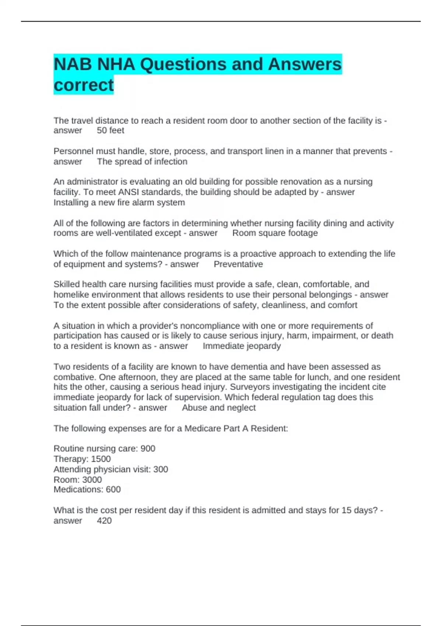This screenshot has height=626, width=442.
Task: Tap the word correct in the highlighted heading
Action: point(84,85)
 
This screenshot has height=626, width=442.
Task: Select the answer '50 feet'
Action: point(110,130)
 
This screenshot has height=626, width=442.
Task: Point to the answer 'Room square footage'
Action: point(275,233)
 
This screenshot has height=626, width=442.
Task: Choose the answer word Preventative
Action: point(238,264)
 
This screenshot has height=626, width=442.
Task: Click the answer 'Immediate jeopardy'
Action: point(242,346)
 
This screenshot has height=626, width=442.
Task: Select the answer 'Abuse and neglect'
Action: point(219,408)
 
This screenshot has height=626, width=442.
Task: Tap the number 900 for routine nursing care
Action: point(148,449)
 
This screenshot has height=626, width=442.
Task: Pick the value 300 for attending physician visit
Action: point(161,469)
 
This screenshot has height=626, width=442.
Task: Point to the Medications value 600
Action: point(113,489)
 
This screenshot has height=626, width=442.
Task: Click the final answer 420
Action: point(104,521)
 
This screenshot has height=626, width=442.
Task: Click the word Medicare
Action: point(203,429)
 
